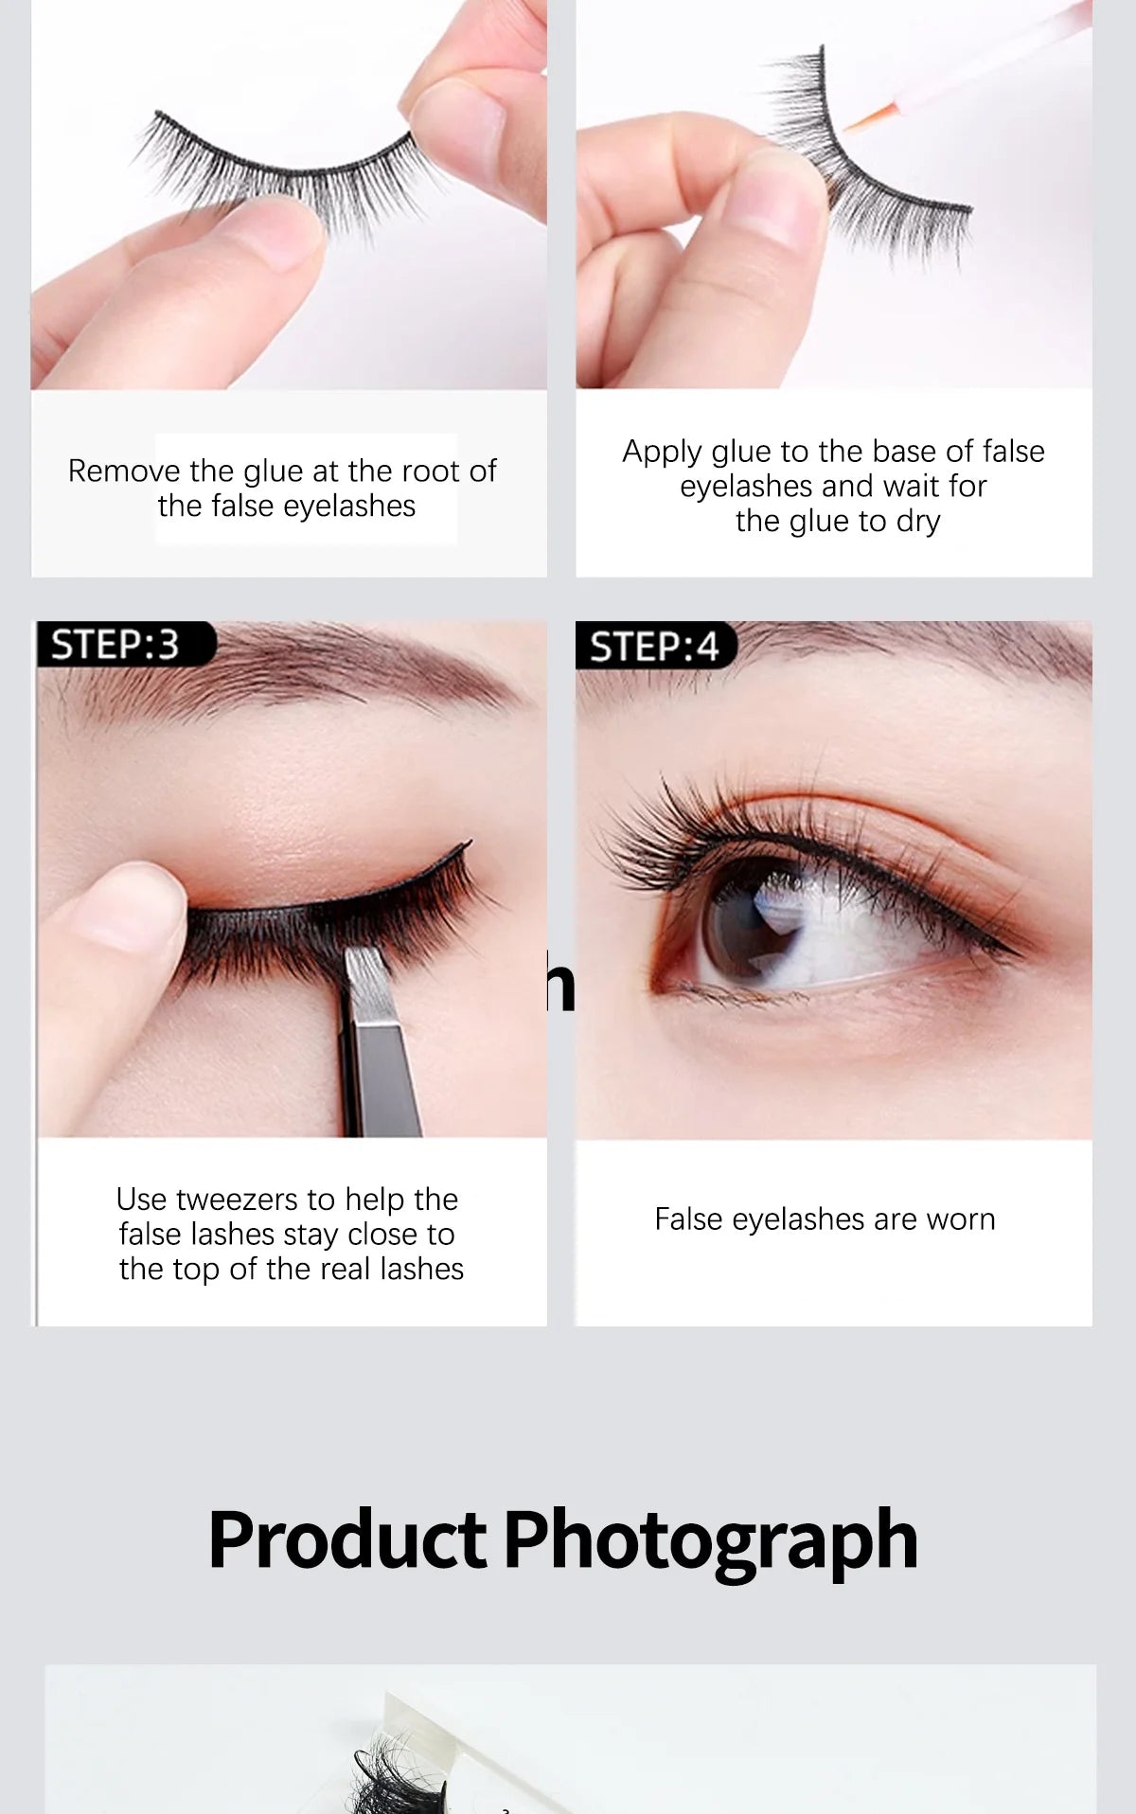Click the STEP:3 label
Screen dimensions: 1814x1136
tap(115, 645)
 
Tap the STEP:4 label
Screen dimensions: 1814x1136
tap(654, 647)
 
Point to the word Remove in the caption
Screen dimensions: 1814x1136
tap(124, 471)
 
